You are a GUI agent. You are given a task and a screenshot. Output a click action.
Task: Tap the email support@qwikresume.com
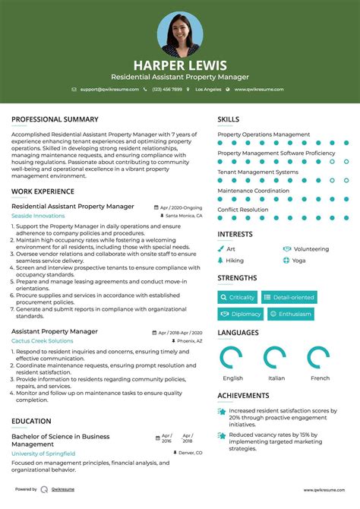(x=110, y=89)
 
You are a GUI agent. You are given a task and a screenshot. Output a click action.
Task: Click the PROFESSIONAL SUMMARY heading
(x=55, y=119)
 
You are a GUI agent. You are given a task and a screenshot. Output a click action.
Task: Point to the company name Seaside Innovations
(x=38, y=216)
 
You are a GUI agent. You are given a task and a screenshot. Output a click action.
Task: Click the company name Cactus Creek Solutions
(x=43, y=341)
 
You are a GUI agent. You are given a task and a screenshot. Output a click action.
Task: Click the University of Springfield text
(x=43, y=453)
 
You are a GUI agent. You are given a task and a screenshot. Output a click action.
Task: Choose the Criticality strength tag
(x=238, y=297)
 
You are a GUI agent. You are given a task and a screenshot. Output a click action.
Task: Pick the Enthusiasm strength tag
(x=291, y=314)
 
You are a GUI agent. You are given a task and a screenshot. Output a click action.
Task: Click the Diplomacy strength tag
(x=241, y=314)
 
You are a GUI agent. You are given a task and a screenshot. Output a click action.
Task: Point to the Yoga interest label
(x=298, y=260)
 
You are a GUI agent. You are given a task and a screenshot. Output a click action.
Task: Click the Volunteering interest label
(x=311, y=248)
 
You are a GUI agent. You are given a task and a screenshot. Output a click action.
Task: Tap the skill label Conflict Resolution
(x=242, y=210)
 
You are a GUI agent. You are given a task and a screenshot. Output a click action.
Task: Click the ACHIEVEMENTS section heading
(x=243, y=396)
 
